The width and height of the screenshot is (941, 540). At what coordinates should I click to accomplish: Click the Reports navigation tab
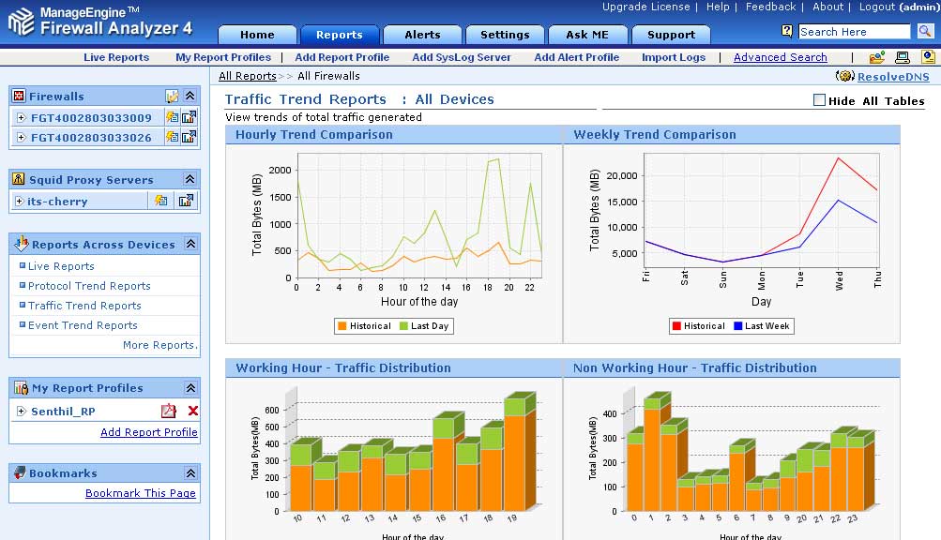(339, 35)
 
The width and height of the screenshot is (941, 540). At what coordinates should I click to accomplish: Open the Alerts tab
(422, 35)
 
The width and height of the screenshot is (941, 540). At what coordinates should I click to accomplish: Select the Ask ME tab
(587, 35)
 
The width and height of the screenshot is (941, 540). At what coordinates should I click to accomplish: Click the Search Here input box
(854, 32)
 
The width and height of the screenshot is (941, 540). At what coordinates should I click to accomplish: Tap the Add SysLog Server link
(462, 57)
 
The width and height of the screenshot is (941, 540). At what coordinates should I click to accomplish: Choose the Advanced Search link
(780, 57)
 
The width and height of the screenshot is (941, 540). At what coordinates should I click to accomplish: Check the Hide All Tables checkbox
(819, 100)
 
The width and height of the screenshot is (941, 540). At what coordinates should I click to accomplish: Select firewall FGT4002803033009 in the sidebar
(91, 118)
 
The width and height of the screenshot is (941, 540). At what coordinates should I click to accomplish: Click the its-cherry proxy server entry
(58, 201)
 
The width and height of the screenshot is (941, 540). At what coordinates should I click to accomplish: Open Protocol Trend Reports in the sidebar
(89, 286)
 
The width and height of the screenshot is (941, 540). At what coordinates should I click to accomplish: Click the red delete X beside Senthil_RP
(192, 411)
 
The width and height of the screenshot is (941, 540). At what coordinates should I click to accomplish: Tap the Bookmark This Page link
(141, 493)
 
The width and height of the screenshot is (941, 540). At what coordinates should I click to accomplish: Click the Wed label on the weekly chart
(839, 279)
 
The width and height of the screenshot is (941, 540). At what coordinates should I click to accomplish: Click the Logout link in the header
(876, 7)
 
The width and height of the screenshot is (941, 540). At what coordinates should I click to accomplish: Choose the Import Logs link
(673, 57)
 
